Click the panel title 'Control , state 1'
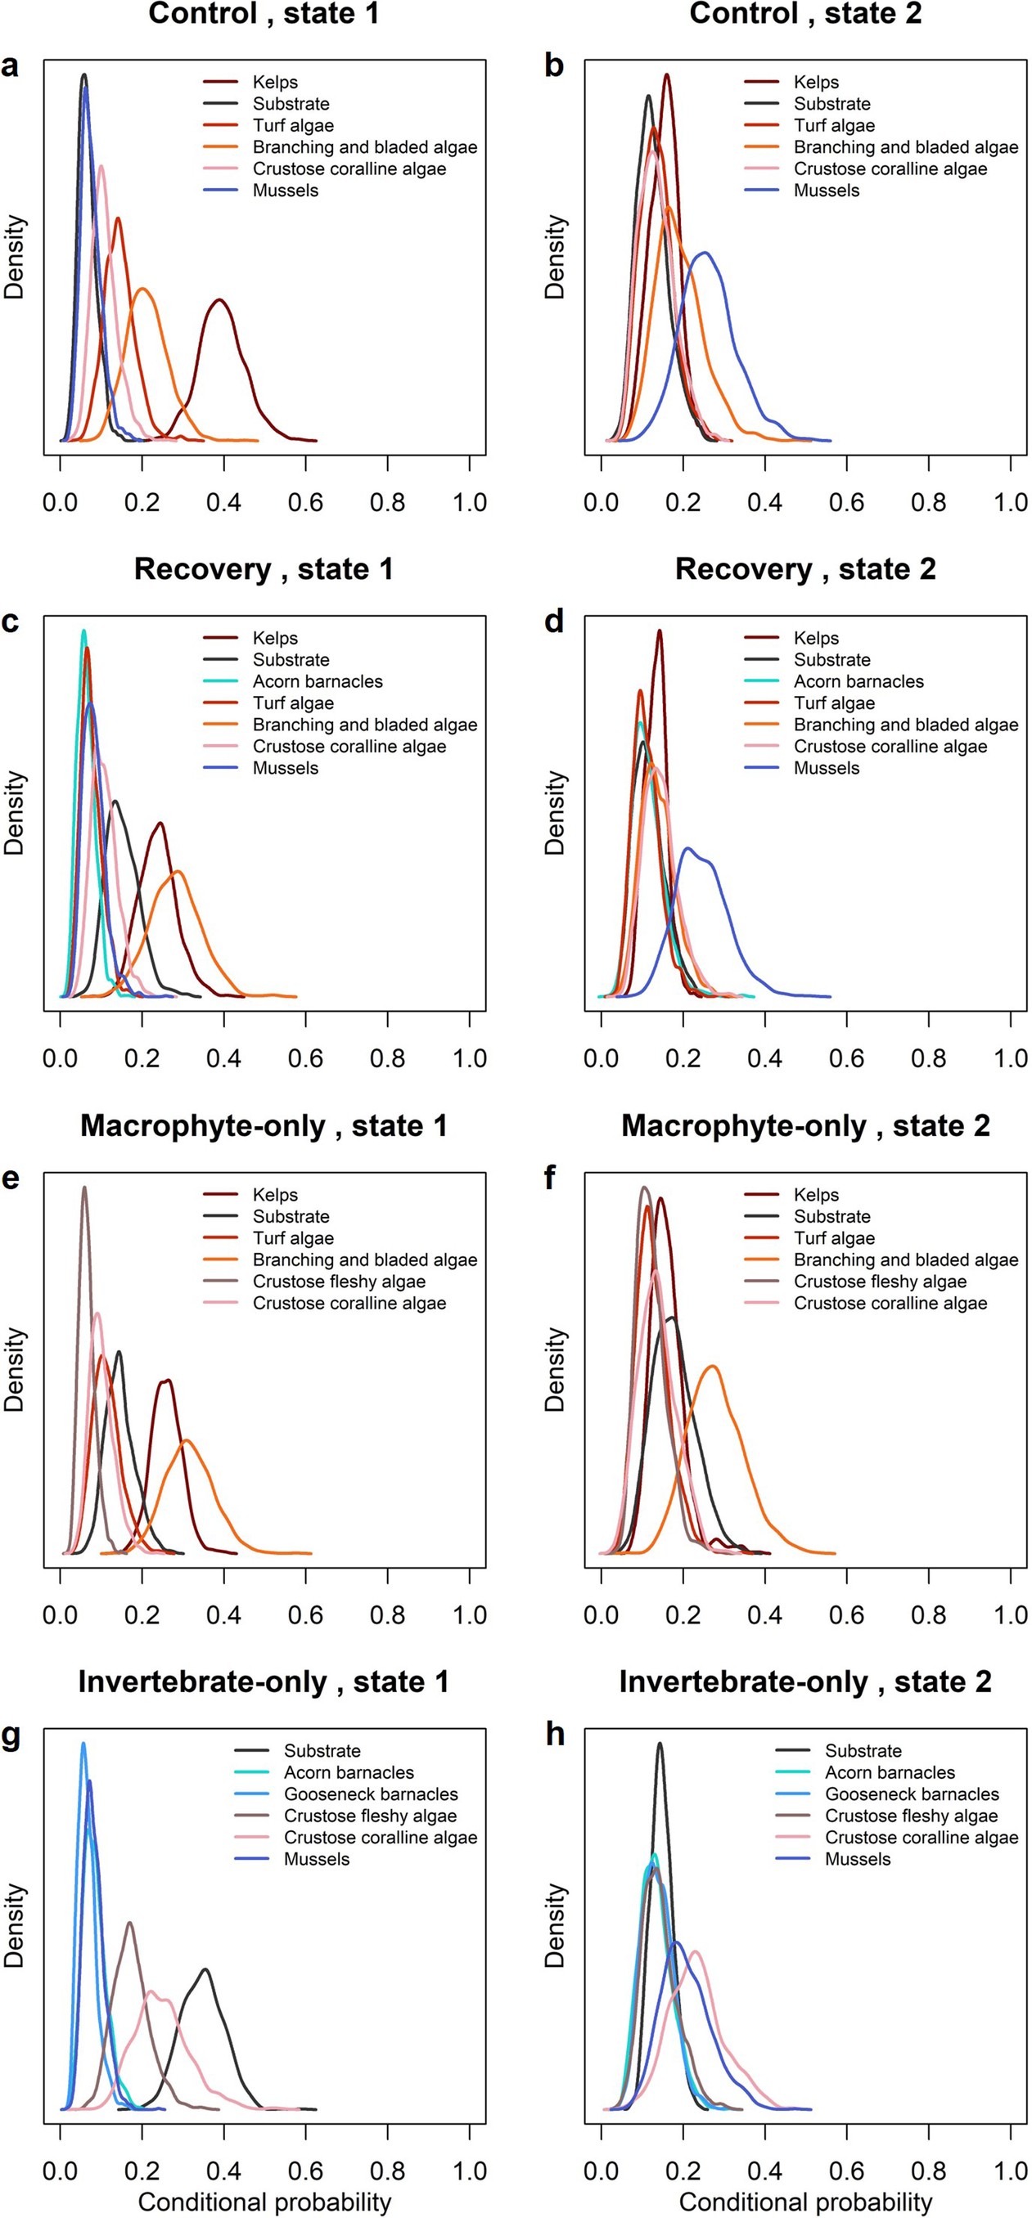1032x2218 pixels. [x=264, y=14]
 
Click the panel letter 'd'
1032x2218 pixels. [x=554, y=622]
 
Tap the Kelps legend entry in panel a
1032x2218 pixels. [x=275, y=83]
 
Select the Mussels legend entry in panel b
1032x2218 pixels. [x=826, y=191]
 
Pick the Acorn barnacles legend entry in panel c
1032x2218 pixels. [x=317, y=682]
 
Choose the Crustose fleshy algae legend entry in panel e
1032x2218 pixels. [x=339, y=1282]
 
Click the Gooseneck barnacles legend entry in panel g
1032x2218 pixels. [x=371, y=1794]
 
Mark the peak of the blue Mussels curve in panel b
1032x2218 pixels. [x=705, y=252]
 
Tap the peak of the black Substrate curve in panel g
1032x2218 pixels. [x=205, y=1969]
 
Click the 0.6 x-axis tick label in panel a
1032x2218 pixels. [x=306, y=503]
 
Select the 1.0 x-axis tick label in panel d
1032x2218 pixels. [x=1010, y=1059]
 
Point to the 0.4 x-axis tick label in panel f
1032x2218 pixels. [x=764, y=1615]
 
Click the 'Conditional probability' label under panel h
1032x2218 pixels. [x=805, y=2202]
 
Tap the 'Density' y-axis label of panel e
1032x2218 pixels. [x=15, y=1369]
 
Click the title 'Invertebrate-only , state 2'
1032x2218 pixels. [x=805, y=1681]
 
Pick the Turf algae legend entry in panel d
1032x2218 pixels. [x=834, y=703]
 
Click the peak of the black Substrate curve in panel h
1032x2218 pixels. [x=660, y=1744]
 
